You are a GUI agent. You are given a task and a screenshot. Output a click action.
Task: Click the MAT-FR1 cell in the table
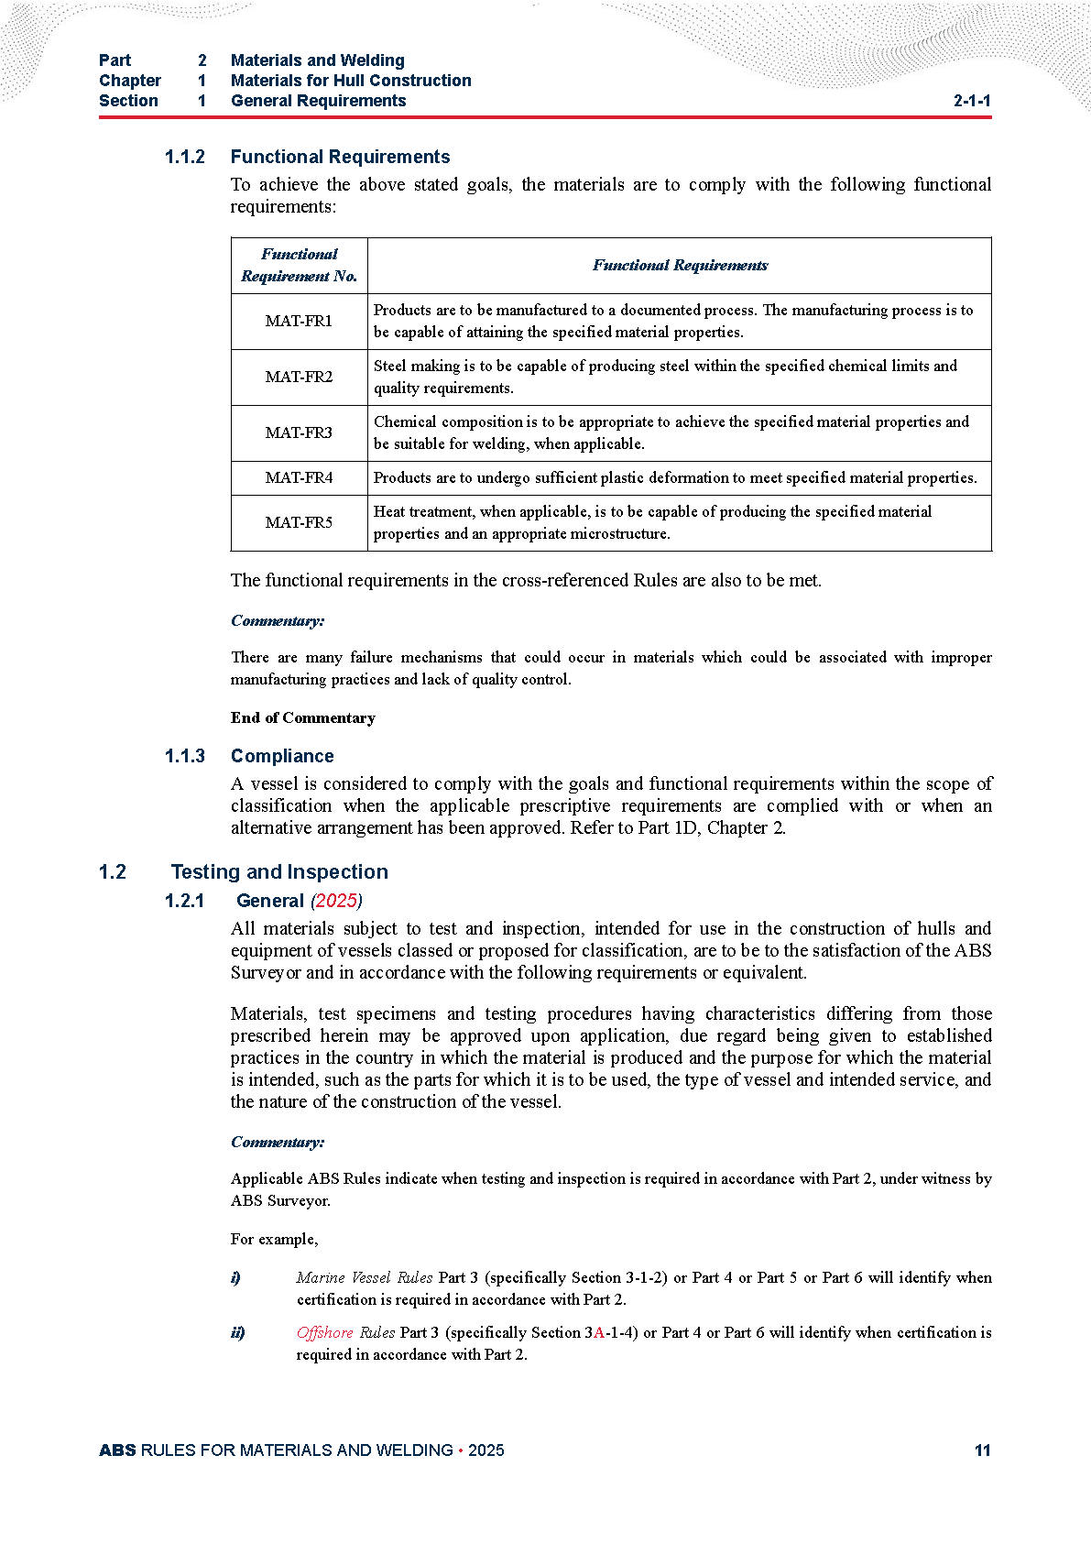[299, 322]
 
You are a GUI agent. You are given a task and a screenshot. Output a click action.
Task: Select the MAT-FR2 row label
[299, 378]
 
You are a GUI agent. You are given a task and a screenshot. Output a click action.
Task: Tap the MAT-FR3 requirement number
[299, 433]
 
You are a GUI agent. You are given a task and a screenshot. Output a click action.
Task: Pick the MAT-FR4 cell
[299, 478]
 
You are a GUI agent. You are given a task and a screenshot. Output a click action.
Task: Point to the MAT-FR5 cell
[299, 523]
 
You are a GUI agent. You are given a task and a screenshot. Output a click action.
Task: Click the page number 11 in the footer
[982, 1450]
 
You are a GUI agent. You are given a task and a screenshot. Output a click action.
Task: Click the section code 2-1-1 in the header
[972, 101]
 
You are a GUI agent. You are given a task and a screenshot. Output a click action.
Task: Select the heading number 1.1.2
[185, 157]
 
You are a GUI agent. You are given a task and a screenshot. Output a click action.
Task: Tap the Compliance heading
[282, 756]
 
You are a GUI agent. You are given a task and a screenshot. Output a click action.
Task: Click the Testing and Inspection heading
[279, 872]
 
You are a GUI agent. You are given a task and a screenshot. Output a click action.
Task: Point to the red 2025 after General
[336, 901]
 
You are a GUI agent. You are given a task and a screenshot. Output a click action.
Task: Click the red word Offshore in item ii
[324, 1333]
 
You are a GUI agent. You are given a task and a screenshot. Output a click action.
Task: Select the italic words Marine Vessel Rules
[365, 1278]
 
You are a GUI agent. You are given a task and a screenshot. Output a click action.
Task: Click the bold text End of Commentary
[303, 718]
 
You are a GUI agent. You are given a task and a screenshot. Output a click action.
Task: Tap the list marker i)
[235, 1278]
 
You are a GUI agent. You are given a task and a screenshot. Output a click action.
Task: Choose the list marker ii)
[238, 1333]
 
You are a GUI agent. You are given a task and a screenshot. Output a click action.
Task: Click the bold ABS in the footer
[117, 1450]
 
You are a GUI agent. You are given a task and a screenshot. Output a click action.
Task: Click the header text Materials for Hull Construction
[351, 81]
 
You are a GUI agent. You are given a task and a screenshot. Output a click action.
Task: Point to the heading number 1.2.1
[185, 901]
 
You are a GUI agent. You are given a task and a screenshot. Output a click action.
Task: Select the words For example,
[275, 1240]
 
